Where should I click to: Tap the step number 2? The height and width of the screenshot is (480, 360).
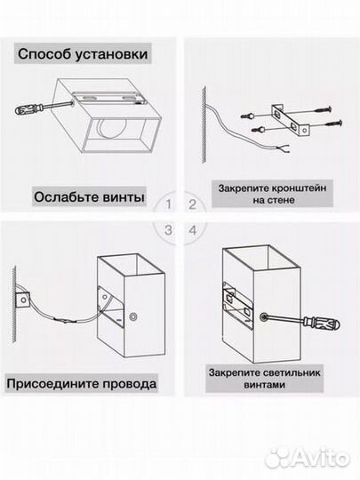191,204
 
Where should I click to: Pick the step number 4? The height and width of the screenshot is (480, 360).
191,228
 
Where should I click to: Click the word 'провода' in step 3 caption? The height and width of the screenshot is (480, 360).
127,384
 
